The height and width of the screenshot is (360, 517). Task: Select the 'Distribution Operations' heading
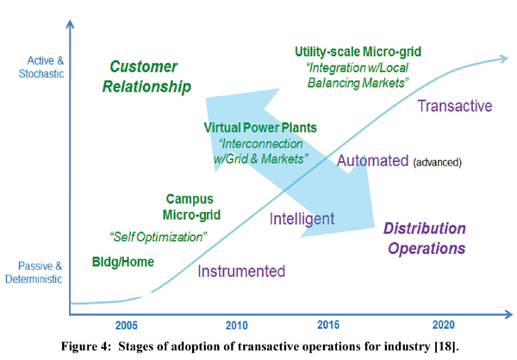425,239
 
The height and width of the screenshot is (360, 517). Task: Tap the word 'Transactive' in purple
454,106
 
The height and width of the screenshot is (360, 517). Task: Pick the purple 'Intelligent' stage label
302,218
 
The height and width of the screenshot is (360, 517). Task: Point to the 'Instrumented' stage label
241,271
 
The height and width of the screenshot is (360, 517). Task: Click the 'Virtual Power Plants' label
260,127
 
